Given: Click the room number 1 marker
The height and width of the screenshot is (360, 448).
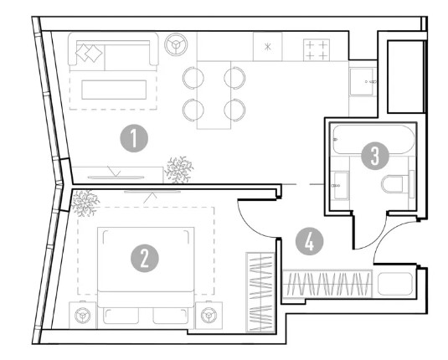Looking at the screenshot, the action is point(134,138).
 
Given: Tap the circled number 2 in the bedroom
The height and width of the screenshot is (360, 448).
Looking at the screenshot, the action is point(145,259).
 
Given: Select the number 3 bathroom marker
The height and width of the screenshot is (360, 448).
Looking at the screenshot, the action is point(375,156).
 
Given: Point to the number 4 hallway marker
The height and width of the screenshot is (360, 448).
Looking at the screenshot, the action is point(310,241).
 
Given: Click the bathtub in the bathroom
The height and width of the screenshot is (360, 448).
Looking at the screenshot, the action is point(373,140).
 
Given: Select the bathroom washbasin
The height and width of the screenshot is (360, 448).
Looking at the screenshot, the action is point(340,185).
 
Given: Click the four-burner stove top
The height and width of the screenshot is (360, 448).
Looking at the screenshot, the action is point(317,49).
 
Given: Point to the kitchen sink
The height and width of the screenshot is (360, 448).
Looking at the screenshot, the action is point(363,82).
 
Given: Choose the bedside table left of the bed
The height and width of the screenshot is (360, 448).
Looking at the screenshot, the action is point(83,315).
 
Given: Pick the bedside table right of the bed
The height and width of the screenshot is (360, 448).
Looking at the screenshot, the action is point(209,315).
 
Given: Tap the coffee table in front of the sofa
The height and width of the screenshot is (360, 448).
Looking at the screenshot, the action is point(114,90).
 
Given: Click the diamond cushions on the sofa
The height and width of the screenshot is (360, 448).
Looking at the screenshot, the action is point(89,53).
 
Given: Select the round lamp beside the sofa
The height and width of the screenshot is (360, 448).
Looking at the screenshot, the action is point(176,44).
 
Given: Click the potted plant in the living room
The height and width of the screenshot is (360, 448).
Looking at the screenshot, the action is point(179,170).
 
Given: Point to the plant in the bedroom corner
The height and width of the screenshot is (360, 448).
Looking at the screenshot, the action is point(85,203).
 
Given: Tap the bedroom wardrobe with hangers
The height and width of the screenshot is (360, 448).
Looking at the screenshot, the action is point(260,292).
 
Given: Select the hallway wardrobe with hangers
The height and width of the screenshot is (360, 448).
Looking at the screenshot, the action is point(327,284).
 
